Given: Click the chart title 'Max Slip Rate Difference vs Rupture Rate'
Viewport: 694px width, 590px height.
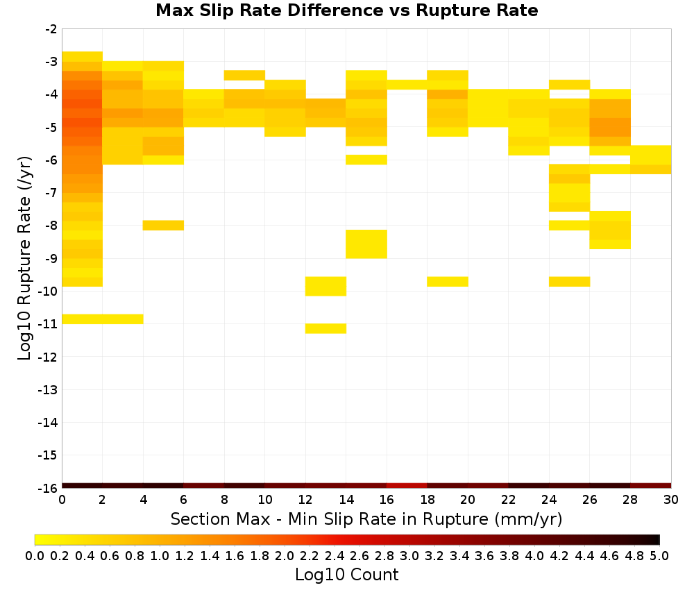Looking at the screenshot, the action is pos(346,10).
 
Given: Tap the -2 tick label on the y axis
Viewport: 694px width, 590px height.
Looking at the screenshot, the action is pos(51,29).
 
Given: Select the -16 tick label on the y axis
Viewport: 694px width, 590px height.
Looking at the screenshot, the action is pos(49,488).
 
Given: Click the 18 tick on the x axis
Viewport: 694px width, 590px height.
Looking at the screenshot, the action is pos(428,488).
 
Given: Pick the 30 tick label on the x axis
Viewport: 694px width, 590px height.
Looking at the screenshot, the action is pos(671,500).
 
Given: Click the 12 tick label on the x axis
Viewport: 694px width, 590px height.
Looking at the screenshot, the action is pos(305,500).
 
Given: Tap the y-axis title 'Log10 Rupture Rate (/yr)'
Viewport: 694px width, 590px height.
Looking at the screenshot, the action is pos(24,258).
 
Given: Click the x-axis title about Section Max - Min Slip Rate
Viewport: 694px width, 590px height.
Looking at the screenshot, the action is pos(366,519).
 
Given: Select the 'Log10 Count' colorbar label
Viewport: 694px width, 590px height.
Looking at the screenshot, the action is pos(346,575).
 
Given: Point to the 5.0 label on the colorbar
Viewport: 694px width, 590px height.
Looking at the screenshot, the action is pos(659,555).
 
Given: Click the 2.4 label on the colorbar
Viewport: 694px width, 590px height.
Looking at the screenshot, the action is pos(335,555).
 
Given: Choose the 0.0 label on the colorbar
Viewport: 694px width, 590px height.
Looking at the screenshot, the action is pos(35,555).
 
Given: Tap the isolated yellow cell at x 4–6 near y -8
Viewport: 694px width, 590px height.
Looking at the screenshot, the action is pos(163,226).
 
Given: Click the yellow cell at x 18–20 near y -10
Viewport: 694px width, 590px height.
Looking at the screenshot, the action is pos(448,282).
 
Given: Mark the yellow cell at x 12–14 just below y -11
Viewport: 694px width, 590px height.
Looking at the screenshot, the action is pos(325,328).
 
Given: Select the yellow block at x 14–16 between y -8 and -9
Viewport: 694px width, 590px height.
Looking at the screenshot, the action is pos(366,244).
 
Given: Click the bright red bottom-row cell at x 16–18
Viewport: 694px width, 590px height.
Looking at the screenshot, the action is pos(407,486).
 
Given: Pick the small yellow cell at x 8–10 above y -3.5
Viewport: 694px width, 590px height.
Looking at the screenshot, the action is pos(244,75).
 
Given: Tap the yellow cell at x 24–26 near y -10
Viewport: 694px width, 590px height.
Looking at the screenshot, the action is pos(569,282).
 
